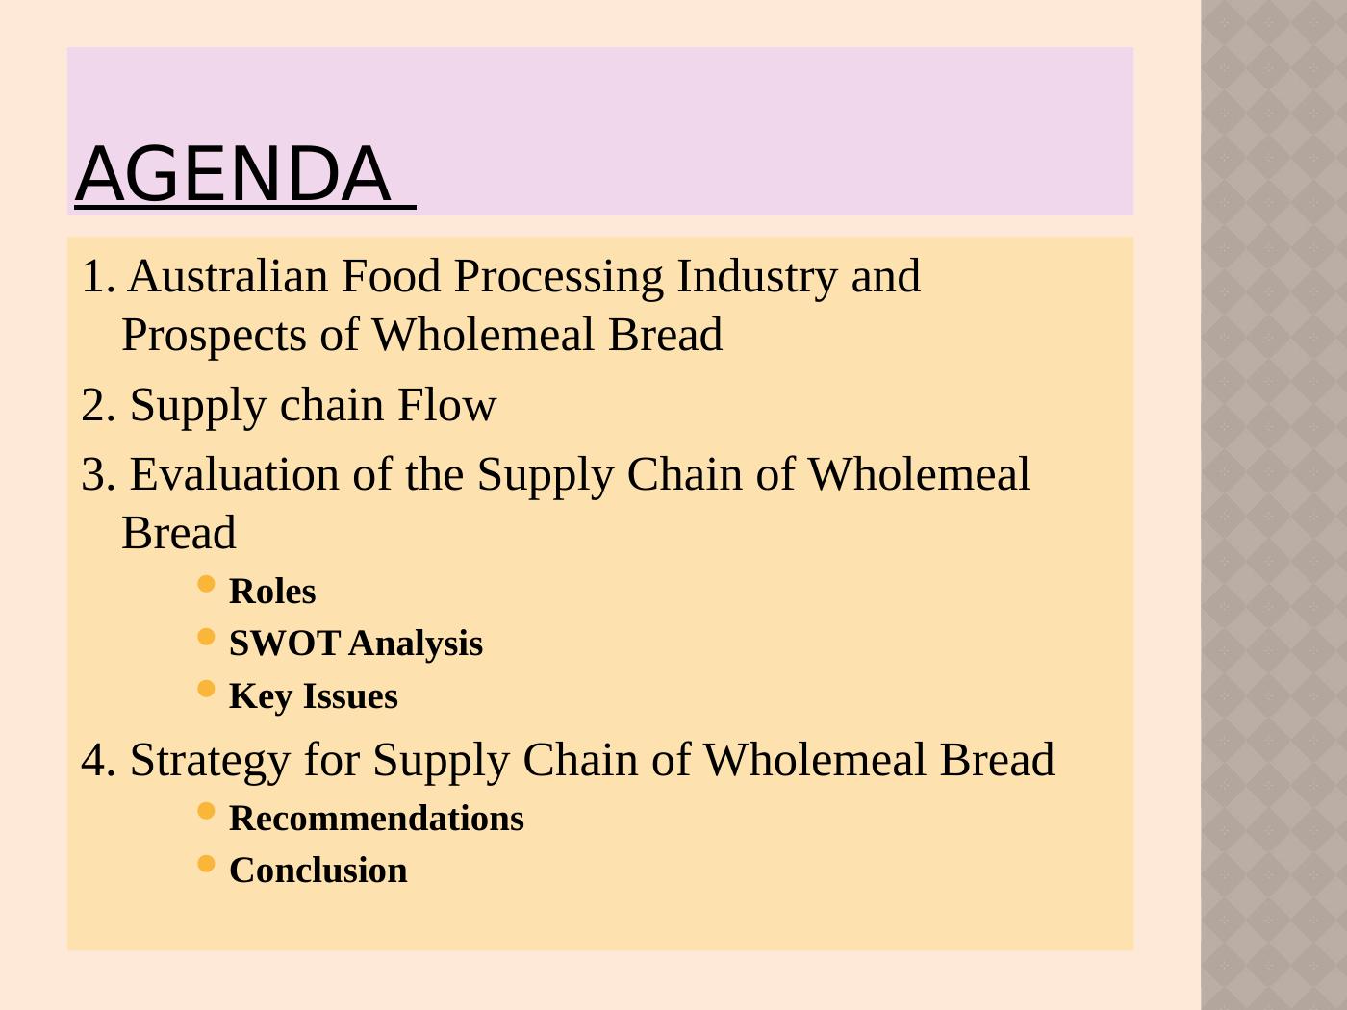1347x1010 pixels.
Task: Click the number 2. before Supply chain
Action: click(x=98, y=406)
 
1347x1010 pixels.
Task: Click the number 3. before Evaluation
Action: click(x=98, y=475)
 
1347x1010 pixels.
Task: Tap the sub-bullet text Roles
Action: click(x=272, y=592)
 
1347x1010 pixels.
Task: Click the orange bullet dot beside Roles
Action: click(x=206, y=584)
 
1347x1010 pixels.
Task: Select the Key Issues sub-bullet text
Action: click(x=313, y=696)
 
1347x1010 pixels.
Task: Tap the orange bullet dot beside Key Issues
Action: click(x=206, y=689)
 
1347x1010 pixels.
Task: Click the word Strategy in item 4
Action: click(x=210, y=760)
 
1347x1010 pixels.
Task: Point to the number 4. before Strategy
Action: click(x=98, y=761)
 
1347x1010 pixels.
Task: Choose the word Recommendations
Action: click(x=376, y=819)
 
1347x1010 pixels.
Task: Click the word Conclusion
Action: click(x=318, y=871)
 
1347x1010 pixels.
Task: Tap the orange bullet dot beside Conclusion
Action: click(x=206, y=863)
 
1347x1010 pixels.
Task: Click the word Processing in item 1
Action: click(x=558, y=277)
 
